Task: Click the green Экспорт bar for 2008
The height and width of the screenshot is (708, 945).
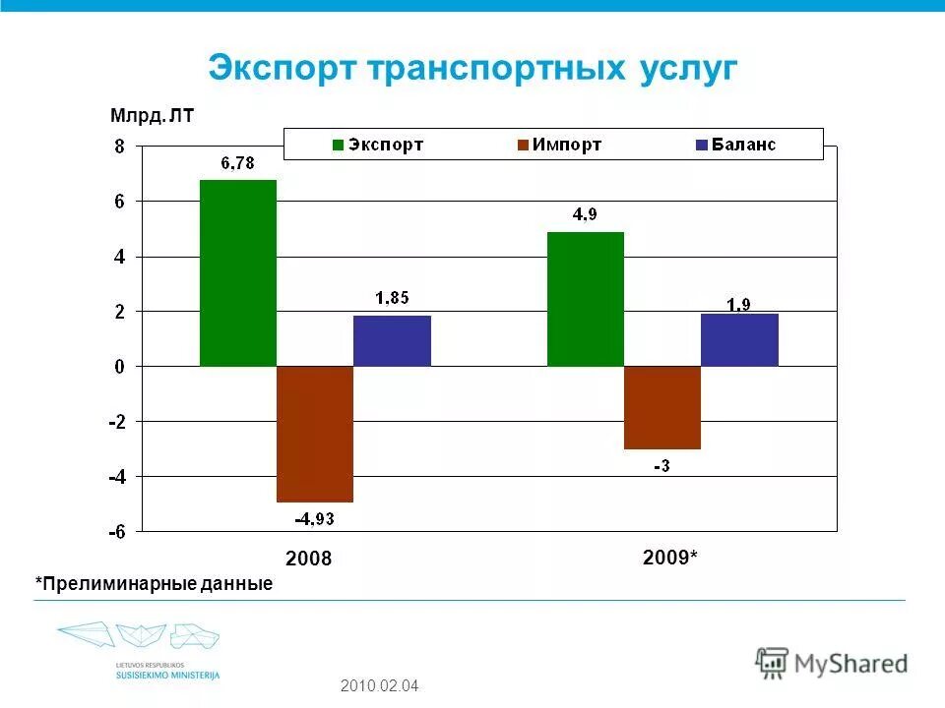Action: [237, 272]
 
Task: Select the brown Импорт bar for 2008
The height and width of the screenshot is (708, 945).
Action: [314, 434]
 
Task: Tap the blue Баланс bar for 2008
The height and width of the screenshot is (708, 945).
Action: [392, 340]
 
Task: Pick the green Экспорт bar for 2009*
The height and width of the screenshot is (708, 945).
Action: [585, 299]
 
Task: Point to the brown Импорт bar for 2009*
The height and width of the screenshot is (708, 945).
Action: [661, 407]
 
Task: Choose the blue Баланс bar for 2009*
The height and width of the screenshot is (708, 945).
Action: [739, 339]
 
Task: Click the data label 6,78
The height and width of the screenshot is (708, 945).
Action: [236, 164]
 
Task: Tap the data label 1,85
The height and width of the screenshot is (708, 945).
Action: [392, 299]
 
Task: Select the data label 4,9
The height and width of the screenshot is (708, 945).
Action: [585, 216]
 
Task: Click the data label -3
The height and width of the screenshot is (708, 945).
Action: [661, 465]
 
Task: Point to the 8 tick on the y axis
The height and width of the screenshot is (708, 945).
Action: [119, 147]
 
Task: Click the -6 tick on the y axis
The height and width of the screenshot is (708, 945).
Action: [116, 532]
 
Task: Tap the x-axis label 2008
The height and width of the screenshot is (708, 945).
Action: [309, 560]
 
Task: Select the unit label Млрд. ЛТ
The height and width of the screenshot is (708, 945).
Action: [153, 117]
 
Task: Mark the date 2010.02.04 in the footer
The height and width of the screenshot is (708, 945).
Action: [379, 685]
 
